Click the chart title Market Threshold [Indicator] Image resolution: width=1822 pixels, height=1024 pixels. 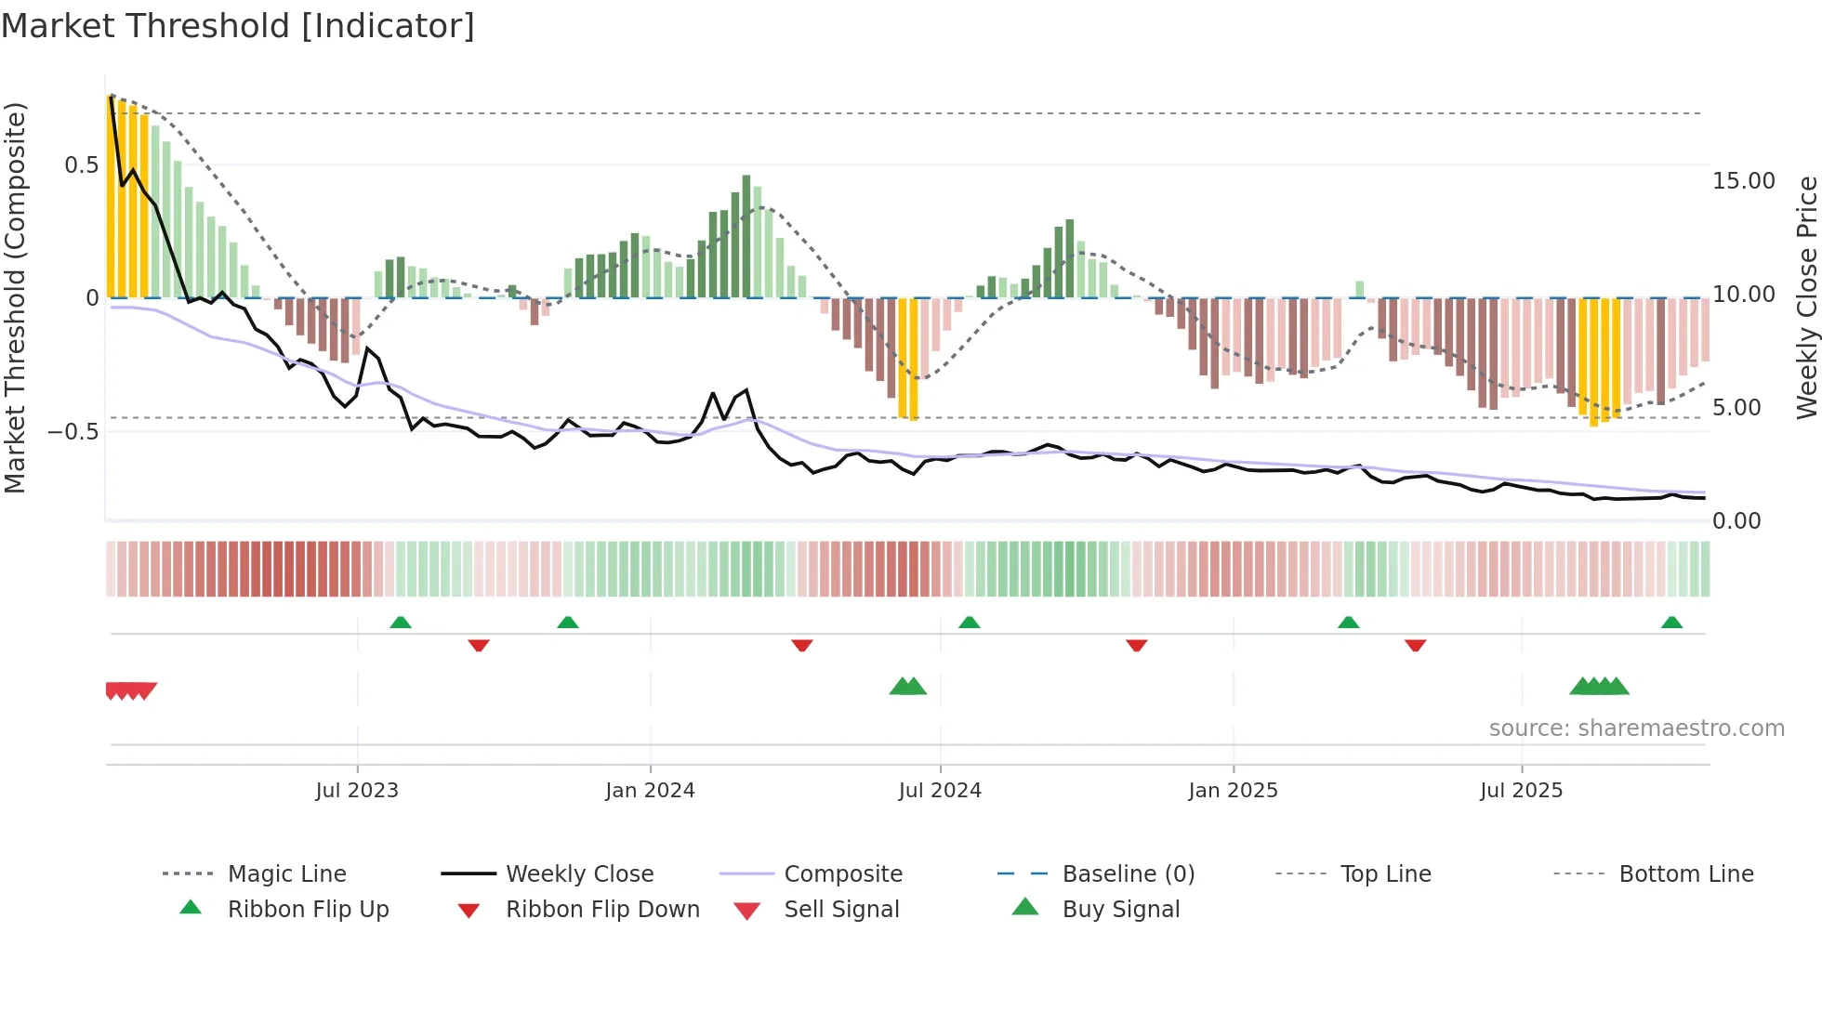coord(238,26)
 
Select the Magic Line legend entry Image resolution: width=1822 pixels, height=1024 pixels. coord(286,874)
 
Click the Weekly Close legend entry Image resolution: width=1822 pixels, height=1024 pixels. coord(579,874)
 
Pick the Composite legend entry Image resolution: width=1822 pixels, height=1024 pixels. coord(842,874)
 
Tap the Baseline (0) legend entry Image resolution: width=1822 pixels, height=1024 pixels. coord(1128,874)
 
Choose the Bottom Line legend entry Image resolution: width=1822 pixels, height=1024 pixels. coord(1685,874)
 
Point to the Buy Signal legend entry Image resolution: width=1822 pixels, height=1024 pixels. coord(1120,910)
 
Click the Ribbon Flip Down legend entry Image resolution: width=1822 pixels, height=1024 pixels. coord(601,910)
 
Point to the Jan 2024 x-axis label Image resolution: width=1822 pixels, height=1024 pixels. coord(650,791)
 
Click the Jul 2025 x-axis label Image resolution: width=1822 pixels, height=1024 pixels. coord(1521,791)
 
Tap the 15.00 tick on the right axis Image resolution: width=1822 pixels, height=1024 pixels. coord(1743,181)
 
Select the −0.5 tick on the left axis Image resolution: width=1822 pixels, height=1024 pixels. coord(73,432)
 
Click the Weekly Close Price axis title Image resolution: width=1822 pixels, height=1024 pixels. coord(1806,297)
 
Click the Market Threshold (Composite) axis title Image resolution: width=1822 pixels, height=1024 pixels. coord(15,297)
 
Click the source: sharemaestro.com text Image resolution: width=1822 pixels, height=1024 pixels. coord(1636,729)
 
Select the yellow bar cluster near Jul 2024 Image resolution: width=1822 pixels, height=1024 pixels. coord(908,358)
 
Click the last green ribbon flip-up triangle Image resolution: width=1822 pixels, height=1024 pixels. coord(1671,623)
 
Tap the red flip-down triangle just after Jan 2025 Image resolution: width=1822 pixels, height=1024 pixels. coord(1415,645)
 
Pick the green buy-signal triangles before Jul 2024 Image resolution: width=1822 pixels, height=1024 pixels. coord(908,687)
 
